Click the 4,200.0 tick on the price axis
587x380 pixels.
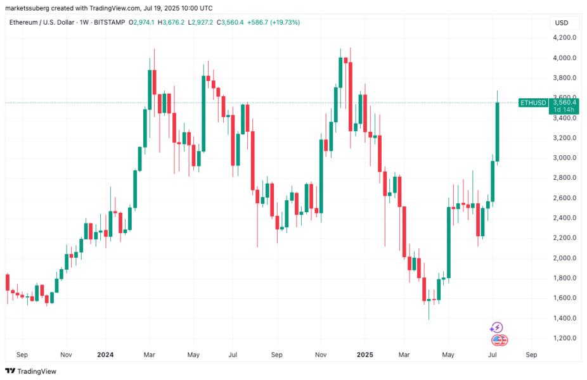click(564, 38)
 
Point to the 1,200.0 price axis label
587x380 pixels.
click(564, 338)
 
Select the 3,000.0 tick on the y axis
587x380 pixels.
click(564, 158)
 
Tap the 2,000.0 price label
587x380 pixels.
click(564, 258)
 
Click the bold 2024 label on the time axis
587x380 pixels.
click(105, 355)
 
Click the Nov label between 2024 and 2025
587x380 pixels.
click(321, 355)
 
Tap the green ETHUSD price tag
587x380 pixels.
click(532, 103)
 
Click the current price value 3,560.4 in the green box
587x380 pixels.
click(564, 102)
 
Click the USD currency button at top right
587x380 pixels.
click(562, 23)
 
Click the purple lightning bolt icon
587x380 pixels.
click(496, 327)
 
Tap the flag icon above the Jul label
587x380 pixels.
click(500, 340)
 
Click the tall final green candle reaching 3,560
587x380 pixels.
click(498, 132)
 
